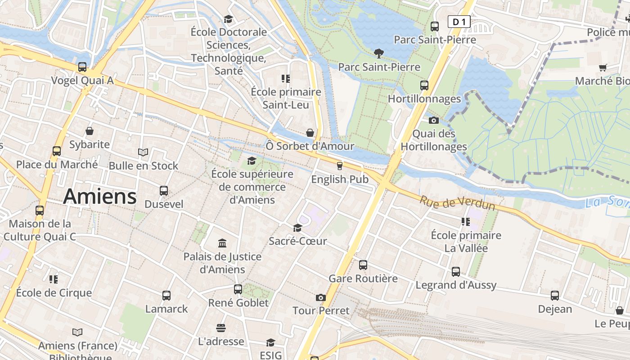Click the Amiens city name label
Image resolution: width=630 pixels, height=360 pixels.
[x=100, y=197]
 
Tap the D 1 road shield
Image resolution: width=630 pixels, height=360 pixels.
[x=459, y=22]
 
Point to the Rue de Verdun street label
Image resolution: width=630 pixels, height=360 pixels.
[x=457, y=202]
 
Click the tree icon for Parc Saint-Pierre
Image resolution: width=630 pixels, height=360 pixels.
[x=379, y=54]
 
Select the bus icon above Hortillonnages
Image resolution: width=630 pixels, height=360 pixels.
[x=424, y=85]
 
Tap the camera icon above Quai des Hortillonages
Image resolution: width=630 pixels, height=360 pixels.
[x=434, y=120]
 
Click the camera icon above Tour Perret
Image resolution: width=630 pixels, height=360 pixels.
[x=321, y=297]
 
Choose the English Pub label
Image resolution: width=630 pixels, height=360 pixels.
[x=340, y=179]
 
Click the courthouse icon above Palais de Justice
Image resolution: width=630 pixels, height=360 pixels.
[x=222, y=243]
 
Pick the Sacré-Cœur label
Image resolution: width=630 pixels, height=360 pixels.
[x=297, y=241]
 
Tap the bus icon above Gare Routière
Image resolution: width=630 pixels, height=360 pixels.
[x=363, y=265]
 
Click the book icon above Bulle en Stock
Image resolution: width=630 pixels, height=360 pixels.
[x=143, y=153]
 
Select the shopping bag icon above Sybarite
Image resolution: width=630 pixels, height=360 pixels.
[x=90, y=131]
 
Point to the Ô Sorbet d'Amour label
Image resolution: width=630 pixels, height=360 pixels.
[x=310, y=146]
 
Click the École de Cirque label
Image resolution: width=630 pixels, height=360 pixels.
[x=54, y=293]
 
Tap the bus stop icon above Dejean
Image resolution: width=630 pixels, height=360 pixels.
[x=555, y=296]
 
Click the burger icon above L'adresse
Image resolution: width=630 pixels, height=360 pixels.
[x=220, y=328]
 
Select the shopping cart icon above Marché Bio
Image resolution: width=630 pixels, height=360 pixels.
[x=603, y=67]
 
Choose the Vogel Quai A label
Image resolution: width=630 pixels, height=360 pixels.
[x=82, y=81]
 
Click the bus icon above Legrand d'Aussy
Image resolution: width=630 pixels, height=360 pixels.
[x=456, y=272]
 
